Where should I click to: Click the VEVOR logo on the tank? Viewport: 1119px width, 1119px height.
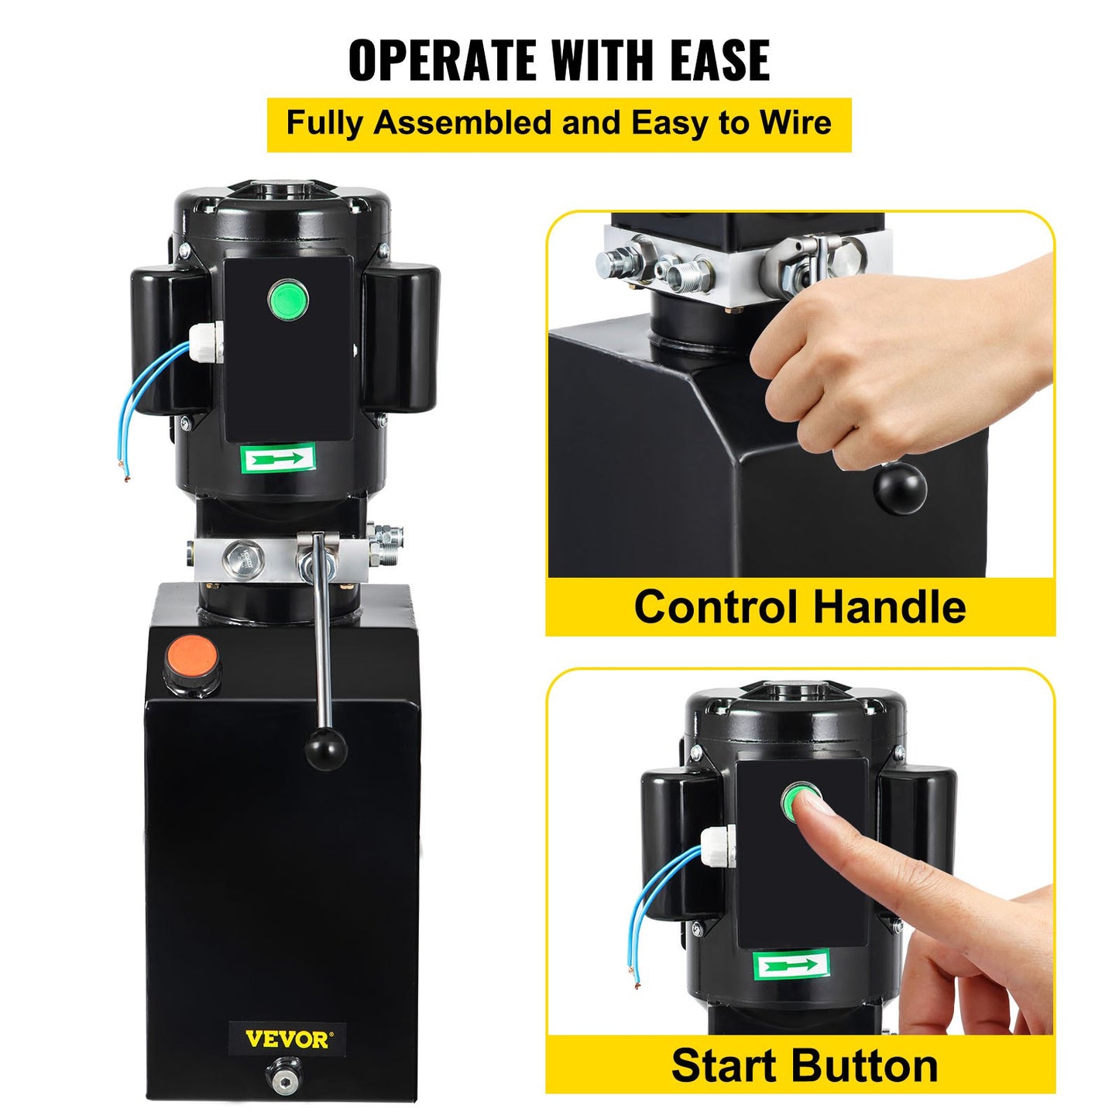pos(287,1038)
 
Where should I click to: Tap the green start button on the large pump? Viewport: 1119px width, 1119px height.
pos(288,298)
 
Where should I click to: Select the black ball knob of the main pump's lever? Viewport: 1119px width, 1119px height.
pos(325,747)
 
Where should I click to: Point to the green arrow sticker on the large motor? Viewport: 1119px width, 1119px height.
pos(279,460)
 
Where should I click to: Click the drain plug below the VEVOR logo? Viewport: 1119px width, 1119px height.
pos(283,1075)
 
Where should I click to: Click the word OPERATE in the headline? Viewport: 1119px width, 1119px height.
pos(444,60)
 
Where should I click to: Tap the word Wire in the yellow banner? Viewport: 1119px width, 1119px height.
pos(795,124)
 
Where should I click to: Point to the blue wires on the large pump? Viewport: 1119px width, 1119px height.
pos(152,403)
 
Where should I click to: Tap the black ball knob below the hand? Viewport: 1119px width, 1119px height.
pos(900,486)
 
